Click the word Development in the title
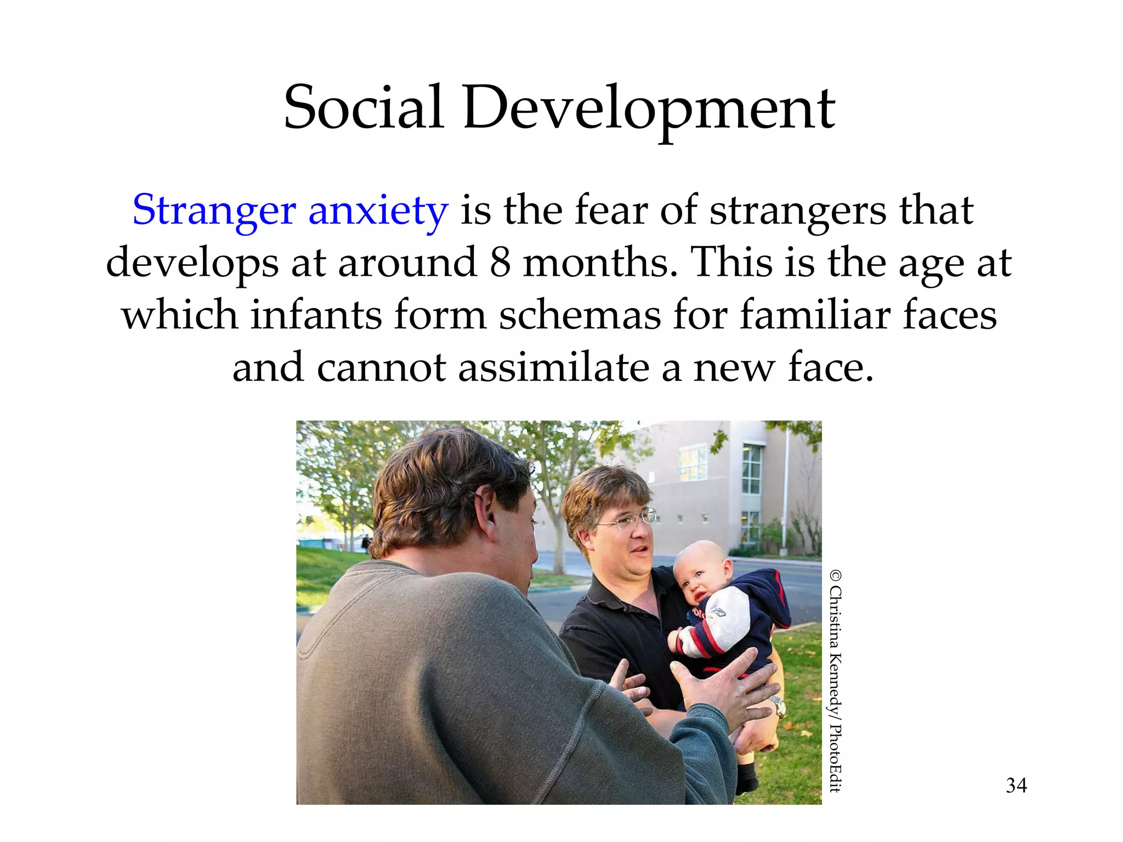pos(649,109)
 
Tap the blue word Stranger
pos(214,210)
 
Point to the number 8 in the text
pos(500,263)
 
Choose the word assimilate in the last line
pos(554,368)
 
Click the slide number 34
pos(1016,786)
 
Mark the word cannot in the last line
pos(381,368)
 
